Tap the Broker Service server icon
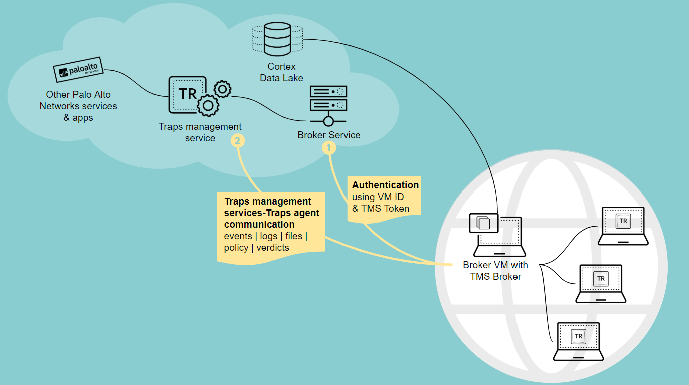click(328, 105)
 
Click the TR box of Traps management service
click(187, 94)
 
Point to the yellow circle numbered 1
click(329, 148)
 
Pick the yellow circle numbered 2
click(238, 141)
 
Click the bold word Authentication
click(385, 185)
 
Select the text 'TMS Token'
click(385, 208)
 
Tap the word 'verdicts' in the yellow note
click(273, 248)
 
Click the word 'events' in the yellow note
click(238, 236)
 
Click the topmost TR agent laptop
click(623, 225)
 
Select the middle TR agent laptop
click(601, 283)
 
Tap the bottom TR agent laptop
click(578, 341)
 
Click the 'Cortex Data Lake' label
click(281, 72)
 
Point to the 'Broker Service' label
click(329, 135)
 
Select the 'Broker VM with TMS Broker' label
click(495, 271)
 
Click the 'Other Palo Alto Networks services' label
click(78, 100)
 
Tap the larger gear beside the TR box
click(208, 105)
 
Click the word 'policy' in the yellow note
click(236, 248)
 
